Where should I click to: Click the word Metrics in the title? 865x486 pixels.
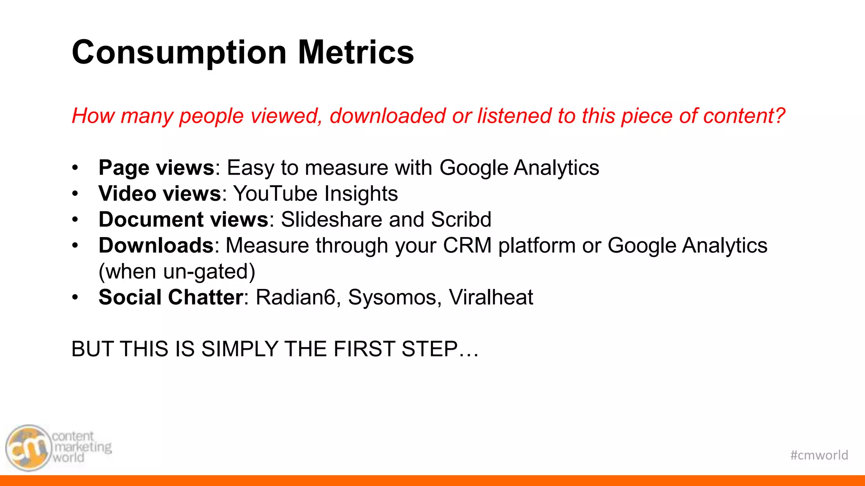pyautogui.click(x=356, y=52)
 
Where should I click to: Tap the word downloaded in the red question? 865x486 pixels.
pyautogui.click(x=387, y=116)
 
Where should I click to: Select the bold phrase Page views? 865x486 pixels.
pyautogui.click(x=156, y=168)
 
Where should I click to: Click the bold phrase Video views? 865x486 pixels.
pyautogui.click(x=160, y=194)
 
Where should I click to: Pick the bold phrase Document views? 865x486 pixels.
pyautogui.click(x=183, y=220)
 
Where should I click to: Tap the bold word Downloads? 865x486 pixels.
pyautogui.click(x=156, y=246)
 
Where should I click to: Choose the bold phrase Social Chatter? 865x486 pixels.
pyautogui.click(x=171, y=297)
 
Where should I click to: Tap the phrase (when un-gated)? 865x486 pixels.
pyautogui.click(x=177, y=272)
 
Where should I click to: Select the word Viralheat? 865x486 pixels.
pyautogui.click(x=491, y=297)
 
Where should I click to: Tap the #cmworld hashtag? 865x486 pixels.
pyautogui.click(x=819, y=455)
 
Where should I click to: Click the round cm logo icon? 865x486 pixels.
pyautogui.click(x=28, y=448)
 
